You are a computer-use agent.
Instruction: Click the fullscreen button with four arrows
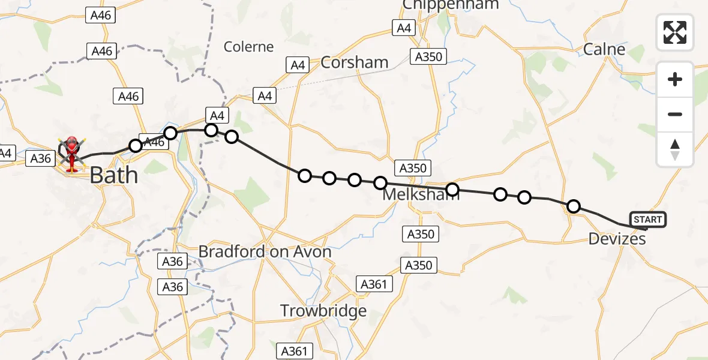coord(675,32)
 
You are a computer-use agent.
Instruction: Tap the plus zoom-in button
coord(675,80)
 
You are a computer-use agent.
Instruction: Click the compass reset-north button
coord(675,149)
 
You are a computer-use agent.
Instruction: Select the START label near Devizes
coord(647,220)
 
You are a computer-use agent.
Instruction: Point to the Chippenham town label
coord(450,5)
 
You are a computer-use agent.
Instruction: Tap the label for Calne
coord(604,49)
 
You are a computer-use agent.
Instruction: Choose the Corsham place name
coord(354,62)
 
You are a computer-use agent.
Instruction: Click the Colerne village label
coord(248,47)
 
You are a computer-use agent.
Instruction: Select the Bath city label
coord(113,175)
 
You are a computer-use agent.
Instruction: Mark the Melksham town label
coord(421,195)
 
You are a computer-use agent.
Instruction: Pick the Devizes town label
coord(617,239)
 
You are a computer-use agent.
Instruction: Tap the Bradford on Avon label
coord(265,251)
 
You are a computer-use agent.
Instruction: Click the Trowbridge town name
coord(323,311)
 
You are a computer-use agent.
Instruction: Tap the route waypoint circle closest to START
coord(574,206)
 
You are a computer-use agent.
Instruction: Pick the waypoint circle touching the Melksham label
coord(452,190)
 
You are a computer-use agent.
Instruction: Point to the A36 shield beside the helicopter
coord(41,158)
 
